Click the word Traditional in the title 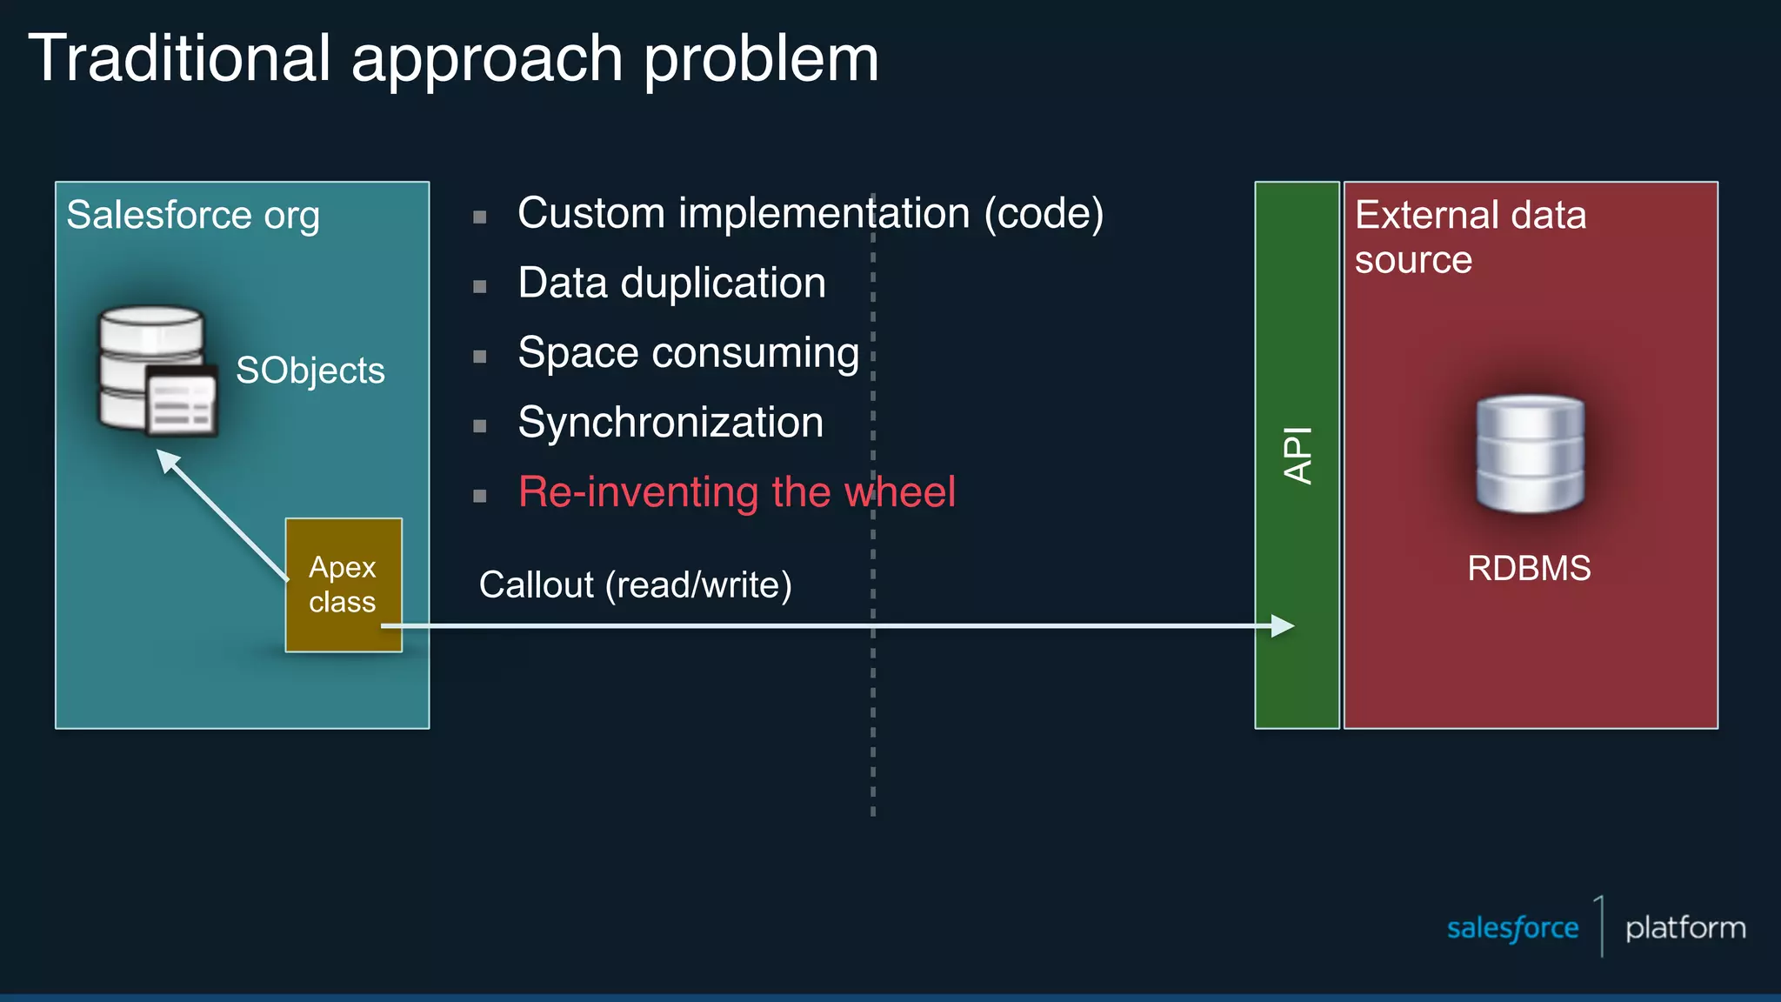[x=179, y=59]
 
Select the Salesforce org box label [x=193, y=215]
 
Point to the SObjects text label [x=310, y=371]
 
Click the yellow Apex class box [x=344, y=584]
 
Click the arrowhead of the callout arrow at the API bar [x=1283, y=625]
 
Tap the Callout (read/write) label [x=635, y=584]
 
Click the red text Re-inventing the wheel [x=737, y=491]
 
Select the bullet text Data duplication [x=671, y=283]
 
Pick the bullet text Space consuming [x=688, y=352]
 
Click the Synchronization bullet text [x=670, y=422]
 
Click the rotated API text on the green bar [x=1297, y=455]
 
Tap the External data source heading [x=1470, y=237]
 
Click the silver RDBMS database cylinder [x=1530, y=453]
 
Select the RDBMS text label [x=1529, y=568]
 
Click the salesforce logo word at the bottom [x=1512, y=928]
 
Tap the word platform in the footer [x=1685, y=928]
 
